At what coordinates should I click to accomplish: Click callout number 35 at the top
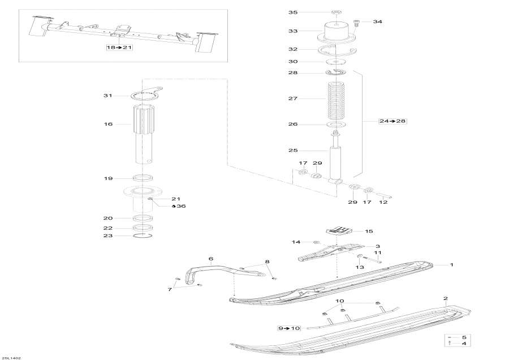(292, 12)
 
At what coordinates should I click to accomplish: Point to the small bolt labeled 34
(357, 23)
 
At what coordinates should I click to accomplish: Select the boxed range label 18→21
(119, 48)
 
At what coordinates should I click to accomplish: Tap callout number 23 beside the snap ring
(108, 235)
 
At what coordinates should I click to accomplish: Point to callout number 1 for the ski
(451, 264)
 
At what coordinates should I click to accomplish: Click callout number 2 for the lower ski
(446, 298)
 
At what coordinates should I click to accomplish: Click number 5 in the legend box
(464, 337)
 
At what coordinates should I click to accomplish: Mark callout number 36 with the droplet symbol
(180, 206)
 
